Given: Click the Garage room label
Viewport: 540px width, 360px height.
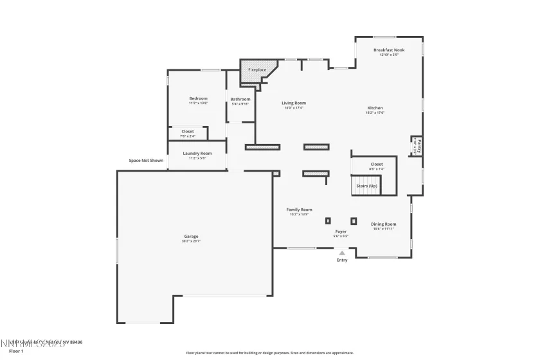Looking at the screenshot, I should [191, 237].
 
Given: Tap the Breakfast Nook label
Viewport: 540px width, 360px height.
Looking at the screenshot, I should [390, 50].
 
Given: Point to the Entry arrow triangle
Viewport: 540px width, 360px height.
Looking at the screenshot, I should [342, 253].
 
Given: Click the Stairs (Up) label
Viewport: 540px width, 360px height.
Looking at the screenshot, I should [366, 186].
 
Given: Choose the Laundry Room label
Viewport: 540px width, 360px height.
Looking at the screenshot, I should [197, 153].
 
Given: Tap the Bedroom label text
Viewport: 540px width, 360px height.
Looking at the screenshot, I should [198, 98].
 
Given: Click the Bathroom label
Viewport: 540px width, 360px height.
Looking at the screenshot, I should [240, 99].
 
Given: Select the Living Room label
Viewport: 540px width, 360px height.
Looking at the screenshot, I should [294, 103].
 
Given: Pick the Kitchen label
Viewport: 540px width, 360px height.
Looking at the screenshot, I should [375, 108].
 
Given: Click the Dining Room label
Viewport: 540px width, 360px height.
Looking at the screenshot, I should [384, 224].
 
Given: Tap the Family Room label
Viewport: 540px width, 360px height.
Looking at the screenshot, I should [299, 210].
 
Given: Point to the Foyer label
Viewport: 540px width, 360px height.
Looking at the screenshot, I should [341, 231].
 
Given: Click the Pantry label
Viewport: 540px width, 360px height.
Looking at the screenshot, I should [419, 145].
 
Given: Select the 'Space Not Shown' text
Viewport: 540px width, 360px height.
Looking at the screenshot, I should [146, 160].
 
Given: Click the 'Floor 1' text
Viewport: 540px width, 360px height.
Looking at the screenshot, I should [17, 352].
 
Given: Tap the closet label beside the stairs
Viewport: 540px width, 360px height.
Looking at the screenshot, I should [377, 164].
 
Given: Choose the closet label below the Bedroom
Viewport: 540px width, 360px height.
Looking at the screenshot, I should [187, 131].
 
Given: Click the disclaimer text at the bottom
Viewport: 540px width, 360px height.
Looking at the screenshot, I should [270, 352].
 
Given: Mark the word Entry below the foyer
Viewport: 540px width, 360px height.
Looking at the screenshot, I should [342, 260].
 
